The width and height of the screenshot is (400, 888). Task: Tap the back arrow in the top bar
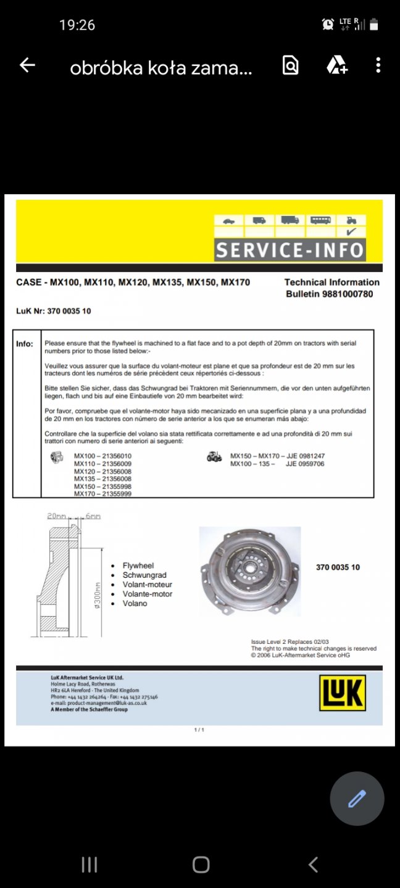pos(27,65)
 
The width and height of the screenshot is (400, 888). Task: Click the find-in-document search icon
pos(290,65)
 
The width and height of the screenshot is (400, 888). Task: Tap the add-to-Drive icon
pos(337,65)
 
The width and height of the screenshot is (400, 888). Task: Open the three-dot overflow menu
pos(378,65)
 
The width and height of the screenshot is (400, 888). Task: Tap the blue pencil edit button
pos(357,799)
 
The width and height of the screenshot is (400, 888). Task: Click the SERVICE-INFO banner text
pos(290,250)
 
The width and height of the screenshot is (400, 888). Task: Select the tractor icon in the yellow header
pos(351,220)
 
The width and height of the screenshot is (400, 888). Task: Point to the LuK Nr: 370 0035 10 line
pos(53,311)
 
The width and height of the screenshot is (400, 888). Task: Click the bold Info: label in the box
pos(25,343)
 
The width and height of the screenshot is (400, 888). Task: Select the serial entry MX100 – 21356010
pos(102,456)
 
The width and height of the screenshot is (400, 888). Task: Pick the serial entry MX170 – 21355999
pos(102,494)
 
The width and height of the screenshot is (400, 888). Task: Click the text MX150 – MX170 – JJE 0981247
pos(277,456)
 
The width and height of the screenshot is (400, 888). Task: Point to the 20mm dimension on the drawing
pos(56,516)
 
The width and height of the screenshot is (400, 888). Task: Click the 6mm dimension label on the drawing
pos(93,516)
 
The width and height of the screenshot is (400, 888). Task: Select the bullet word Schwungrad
pos(144,575)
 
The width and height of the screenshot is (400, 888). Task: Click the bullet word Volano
pos(135,603)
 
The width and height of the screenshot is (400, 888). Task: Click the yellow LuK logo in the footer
pos(342,693)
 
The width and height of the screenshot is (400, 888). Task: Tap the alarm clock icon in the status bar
pos(328,25)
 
